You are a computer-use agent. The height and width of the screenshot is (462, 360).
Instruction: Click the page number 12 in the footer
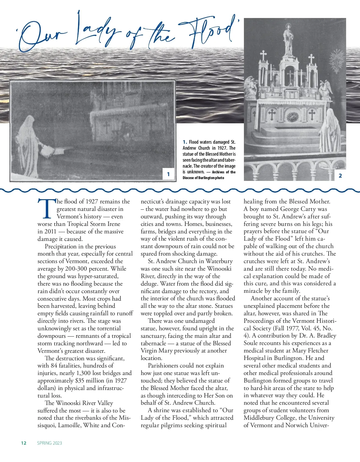[24, 443]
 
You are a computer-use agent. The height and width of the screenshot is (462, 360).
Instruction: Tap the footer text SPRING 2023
[49, 443]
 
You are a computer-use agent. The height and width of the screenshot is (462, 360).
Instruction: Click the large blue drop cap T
[47, 209]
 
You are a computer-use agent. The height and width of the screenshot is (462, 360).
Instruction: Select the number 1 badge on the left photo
[168, 174]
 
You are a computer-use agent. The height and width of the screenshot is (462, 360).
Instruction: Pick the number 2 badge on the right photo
[340, 175]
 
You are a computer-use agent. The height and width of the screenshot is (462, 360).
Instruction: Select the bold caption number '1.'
[185, 142]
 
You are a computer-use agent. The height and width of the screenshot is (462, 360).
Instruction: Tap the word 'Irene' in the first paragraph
[113, 224]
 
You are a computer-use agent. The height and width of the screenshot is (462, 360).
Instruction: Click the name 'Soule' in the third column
[252, 343]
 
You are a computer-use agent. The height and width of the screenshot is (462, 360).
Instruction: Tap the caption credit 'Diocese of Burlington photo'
[203, 178]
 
